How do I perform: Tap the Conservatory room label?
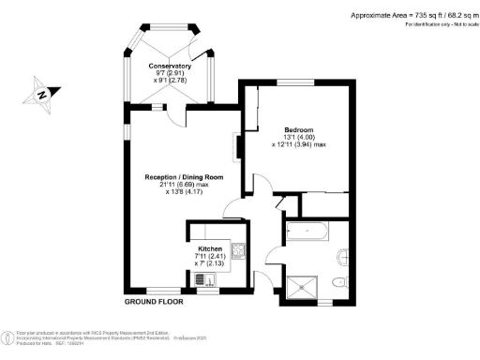coord(170,67)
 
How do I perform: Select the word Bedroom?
coord(298,128)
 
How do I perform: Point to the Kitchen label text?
coord(210,248)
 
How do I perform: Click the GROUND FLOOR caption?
coord(154,303)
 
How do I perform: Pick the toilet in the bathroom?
coord(342,280)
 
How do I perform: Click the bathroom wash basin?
coord(343,252)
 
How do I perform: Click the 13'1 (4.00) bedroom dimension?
coord(298,137)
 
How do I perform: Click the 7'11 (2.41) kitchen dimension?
coord(210,256)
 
